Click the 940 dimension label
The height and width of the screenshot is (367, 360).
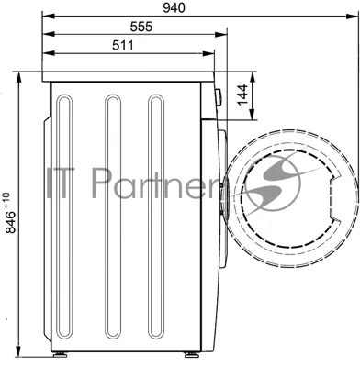(x=174, y=8)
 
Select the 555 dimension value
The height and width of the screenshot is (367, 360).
(x=141, y=27)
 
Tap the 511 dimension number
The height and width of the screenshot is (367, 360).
(x=123, y=45)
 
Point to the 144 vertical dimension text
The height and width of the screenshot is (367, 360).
(x=242, y=95)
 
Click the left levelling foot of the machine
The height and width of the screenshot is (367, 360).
(x=60, y=355)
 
